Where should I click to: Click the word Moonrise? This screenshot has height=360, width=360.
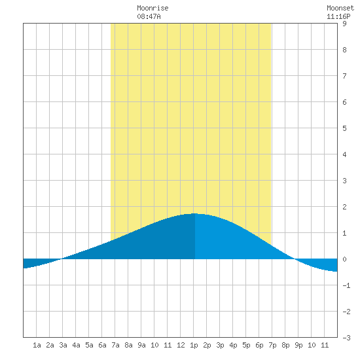153,8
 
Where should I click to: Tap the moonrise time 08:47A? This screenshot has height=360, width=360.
149,16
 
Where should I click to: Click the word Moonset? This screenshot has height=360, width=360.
340,8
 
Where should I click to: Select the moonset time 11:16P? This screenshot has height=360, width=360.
338,16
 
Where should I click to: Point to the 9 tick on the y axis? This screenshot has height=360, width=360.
344,24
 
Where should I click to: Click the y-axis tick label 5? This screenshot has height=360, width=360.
344,128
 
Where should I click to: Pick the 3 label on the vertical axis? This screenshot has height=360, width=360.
344,181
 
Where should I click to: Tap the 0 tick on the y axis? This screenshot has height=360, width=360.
344,259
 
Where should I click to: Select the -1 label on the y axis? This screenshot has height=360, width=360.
346,285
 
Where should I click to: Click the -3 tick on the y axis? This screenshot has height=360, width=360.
346,338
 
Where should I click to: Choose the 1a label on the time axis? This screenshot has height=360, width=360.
37,345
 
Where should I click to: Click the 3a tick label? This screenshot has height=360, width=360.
63,345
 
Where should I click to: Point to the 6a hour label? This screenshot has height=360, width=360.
102,345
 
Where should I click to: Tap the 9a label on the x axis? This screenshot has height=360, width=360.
141,345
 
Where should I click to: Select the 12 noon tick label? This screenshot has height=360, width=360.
181,345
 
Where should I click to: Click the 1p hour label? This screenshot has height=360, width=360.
194,345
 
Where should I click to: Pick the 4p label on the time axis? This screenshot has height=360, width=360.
233,345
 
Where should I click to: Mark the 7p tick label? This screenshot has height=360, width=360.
272,345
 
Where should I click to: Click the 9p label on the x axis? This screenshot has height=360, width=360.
298,345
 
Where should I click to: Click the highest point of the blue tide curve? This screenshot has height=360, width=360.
194,213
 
